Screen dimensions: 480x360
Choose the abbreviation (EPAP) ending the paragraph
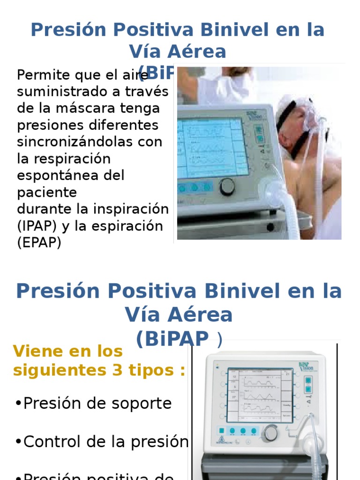point(39,243)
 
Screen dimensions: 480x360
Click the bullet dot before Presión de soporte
point(18,403)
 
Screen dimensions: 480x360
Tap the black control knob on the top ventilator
point(227,186)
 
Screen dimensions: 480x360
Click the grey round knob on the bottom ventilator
point(270,432)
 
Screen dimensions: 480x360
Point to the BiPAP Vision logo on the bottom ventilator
point(306,366)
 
